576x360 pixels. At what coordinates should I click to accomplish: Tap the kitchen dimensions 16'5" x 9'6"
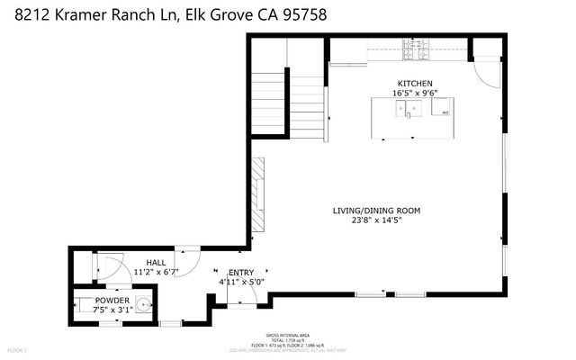coord(414,92)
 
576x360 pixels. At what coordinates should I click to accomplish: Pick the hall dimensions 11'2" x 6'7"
coord(157,271)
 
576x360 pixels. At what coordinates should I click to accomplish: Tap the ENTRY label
coord(241,272)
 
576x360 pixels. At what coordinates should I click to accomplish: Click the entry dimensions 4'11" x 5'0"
coord(242,282)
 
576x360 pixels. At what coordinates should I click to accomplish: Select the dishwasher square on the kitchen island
coord(445,112)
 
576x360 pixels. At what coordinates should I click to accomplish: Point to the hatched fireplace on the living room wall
coord(258,195)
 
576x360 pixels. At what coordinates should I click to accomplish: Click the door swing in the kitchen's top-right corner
coord(486,72)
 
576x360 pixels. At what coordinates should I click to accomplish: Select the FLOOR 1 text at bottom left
coord(18,348)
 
